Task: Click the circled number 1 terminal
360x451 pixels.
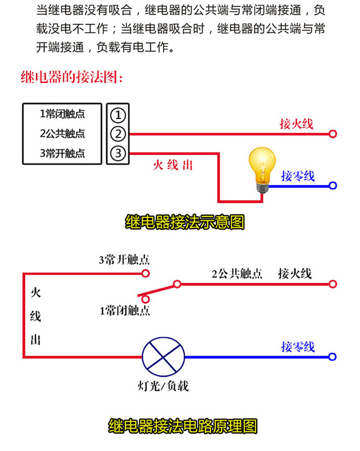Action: click(x=117, y=115)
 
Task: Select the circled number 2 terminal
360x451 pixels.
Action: click(x=117, y=134)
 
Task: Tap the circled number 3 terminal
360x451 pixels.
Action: click(x=117, y=153)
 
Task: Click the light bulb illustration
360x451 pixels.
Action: click(x=261, y=169)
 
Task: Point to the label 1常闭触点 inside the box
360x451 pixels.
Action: click(x=62, y=114)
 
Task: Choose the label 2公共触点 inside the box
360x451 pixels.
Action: click(x=62, y=134)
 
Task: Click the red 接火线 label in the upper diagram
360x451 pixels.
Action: click(x=296, y=124)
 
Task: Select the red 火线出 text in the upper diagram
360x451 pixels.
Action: click(x=173, y=165)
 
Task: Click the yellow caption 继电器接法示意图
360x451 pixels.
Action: click(x=185, y=222)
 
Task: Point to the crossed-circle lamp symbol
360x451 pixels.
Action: click(x=163, y=356)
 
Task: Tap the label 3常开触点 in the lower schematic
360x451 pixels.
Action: click(x=124, y=260)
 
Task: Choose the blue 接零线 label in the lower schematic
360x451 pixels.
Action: click(x=298, y=347)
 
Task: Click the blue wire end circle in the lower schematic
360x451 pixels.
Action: click(x=333, y=356)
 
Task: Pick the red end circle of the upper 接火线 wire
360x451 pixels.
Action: click(x=333, y=134)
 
